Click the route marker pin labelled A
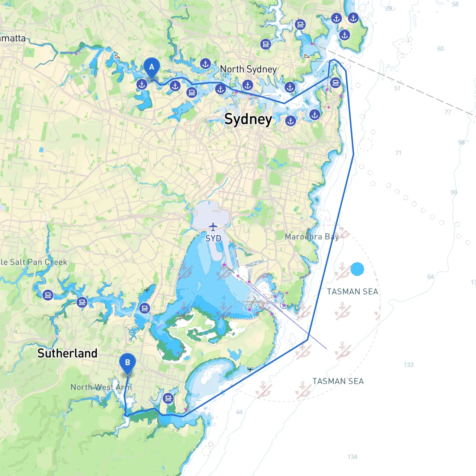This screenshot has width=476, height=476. coord(151,67)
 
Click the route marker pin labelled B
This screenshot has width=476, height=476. coord(128,363)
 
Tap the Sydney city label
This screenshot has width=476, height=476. coord(248,119)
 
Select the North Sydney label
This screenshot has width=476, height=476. coord(248,69)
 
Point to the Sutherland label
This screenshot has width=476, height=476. coord(67,353)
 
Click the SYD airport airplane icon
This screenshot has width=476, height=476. coord(213,226)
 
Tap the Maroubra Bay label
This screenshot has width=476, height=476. coord(312,237)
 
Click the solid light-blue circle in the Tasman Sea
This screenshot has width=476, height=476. coord(357,269)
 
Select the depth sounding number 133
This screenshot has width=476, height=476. coord(408,365)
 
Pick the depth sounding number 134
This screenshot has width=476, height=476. coord(352,457)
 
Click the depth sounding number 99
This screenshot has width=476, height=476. coord(454,192)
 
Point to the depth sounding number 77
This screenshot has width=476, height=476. coord(448,112)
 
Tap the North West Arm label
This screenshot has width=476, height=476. coord(101,387)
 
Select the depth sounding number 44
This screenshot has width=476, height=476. coord(239,412)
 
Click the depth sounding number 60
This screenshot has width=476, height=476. coord(440,49)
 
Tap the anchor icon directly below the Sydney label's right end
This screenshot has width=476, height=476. coord(290,121)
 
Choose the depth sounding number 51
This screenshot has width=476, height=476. coord(397,89)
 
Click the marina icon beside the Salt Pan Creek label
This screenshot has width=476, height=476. coord(48,295)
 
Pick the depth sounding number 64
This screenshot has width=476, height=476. coord(430,277)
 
